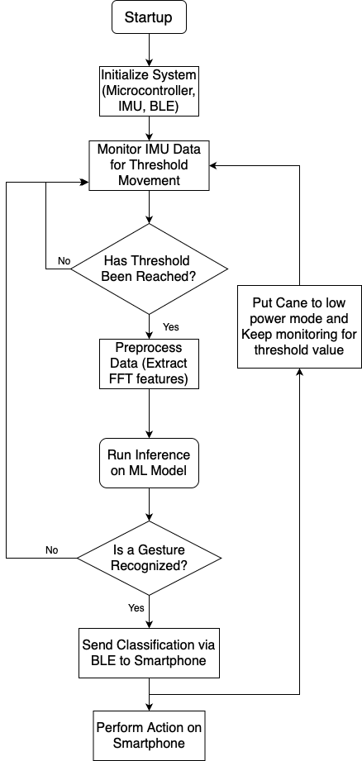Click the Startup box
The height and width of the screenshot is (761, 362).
coord(149,17)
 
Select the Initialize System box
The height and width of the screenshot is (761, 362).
coord(149,91)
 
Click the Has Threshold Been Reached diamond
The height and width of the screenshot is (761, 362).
coord(149,269)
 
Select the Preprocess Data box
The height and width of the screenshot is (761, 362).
coord(149,364)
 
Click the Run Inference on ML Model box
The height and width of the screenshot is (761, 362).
coord(149,463)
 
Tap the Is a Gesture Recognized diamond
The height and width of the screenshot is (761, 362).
coord(149,558)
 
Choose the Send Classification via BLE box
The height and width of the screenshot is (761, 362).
coord(149,652)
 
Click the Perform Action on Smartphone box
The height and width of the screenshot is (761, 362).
coord(149,735)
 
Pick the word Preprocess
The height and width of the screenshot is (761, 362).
coord(149,348)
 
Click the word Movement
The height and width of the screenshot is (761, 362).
coord(149,180)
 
